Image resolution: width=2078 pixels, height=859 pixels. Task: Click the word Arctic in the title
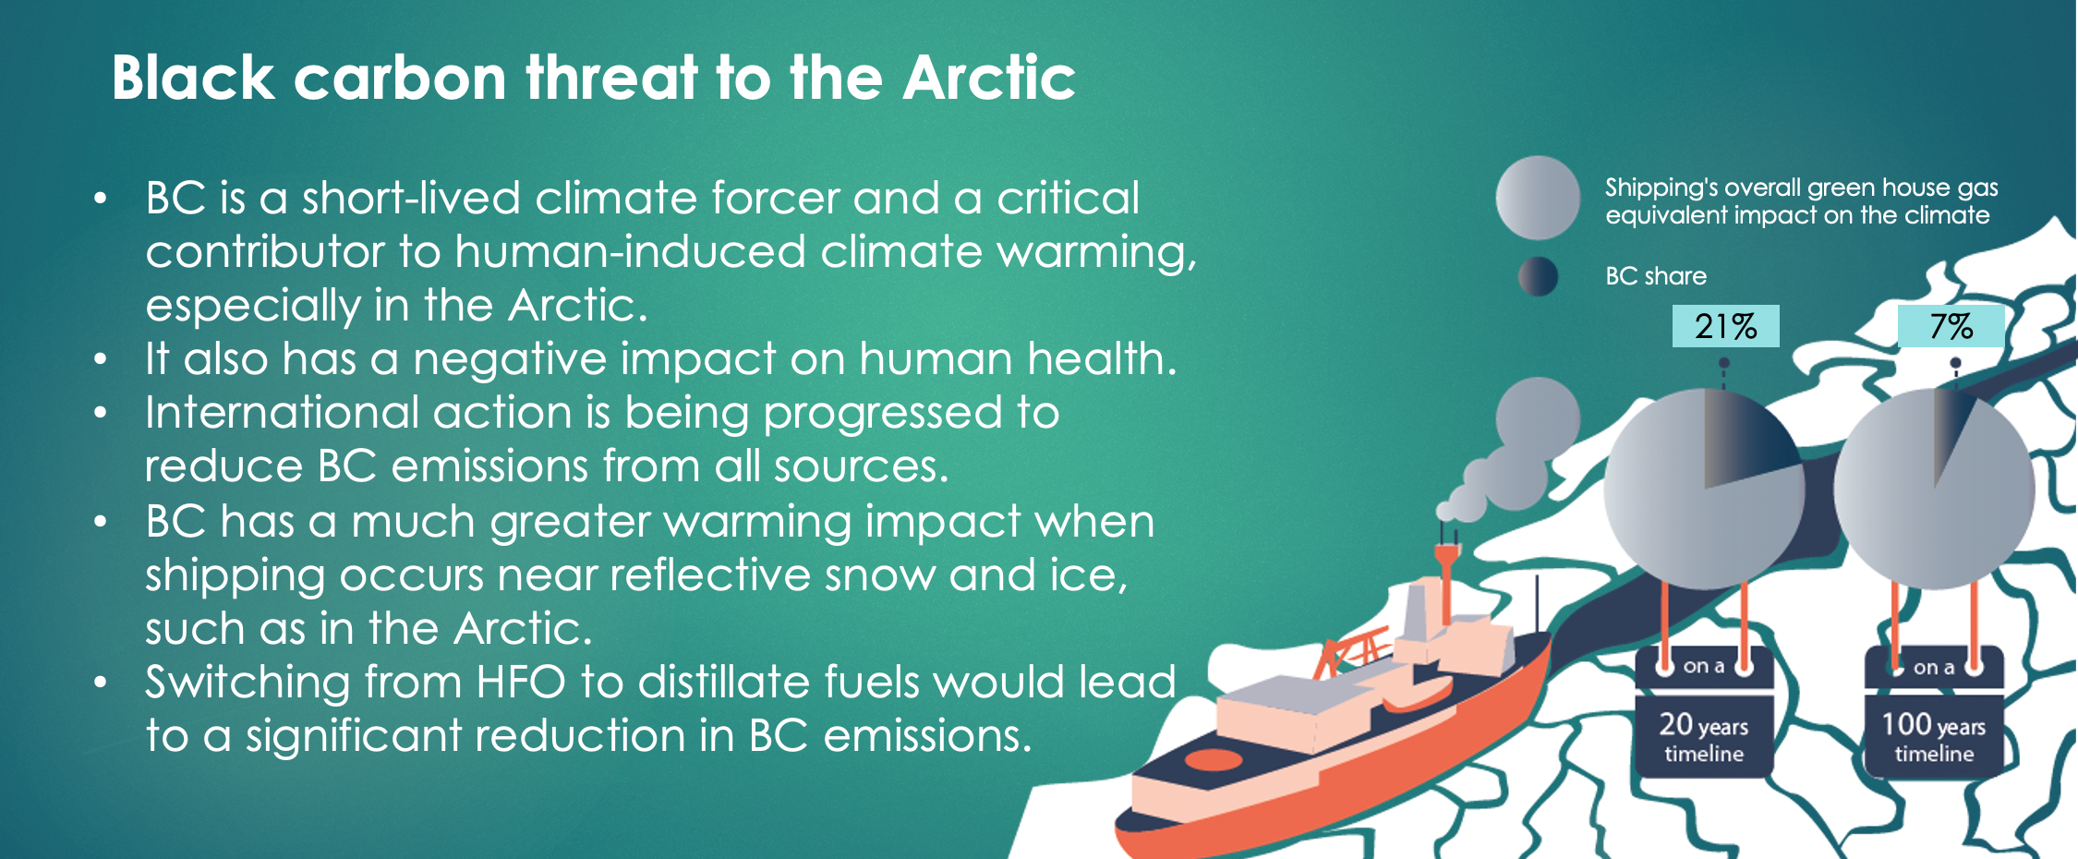click(x=989, y=77)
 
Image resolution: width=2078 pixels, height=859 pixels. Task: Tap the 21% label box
click(x=1725, y=326)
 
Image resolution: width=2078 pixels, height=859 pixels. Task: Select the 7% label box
click(x=1951, y=326)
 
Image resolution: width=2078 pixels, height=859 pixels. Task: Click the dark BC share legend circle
click(x=1538, y=276)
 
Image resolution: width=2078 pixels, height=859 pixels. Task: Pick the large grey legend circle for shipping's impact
click(x=1538, y=198)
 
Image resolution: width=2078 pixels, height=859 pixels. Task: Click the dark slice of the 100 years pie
click(x=1951, y=429)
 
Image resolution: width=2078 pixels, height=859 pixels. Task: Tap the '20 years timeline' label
click(x=1704, y=736)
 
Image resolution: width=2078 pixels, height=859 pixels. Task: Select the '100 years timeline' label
click(x=1934, y=736)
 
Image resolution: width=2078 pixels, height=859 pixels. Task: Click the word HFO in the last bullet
click(x=521, y=683)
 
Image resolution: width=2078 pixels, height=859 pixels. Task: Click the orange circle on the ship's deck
click(x=1214, y=759)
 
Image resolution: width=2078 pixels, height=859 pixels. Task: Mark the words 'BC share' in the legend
click(x=1656, y=276)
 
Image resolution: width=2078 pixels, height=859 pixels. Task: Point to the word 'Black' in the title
click(x=193, y=77)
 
